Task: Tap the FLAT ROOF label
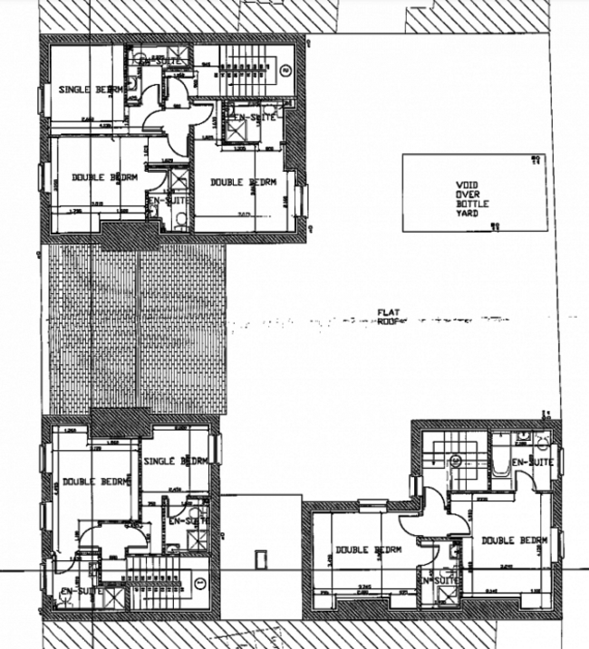pyautogui.click(x=388, y=316)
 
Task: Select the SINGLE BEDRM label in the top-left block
pyautogui.click(x=90, y=89)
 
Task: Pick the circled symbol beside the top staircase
pyautogui.click(x=285, y=69)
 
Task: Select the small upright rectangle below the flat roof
pyautogui.click(x=262, y=559)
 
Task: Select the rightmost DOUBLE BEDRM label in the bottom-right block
pyautogui.click(x=515, y=540)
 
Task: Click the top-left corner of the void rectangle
pyautogui.click(x=403, y=156)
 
